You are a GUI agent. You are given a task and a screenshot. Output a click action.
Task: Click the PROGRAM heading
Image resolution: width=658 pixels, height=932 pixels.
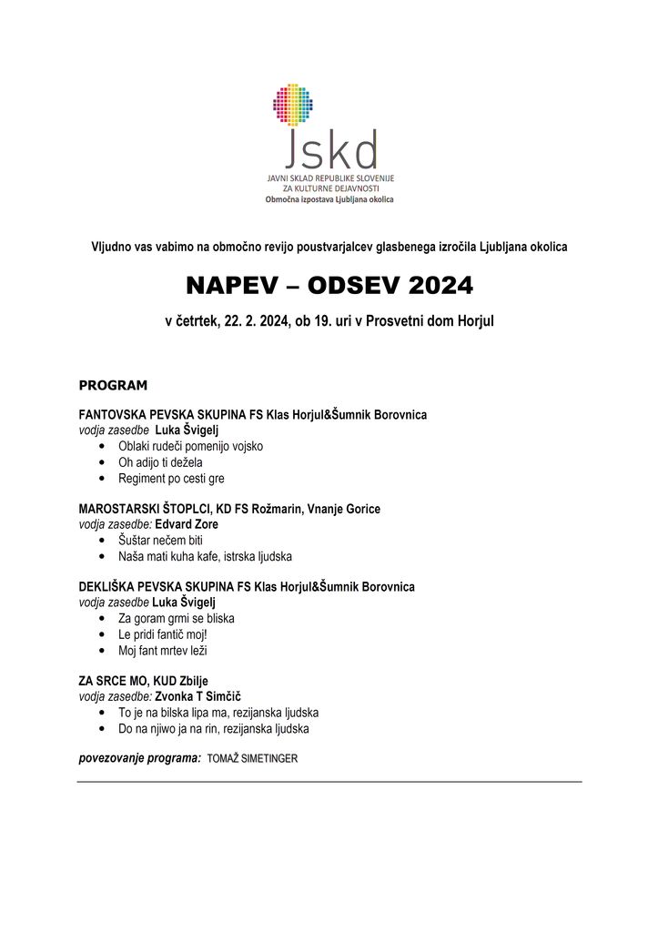point(113,386)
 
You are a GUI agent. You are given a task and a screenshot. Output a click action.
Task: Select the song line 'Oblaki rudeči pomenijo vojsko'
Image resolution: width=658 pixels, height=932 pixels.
point(191,446)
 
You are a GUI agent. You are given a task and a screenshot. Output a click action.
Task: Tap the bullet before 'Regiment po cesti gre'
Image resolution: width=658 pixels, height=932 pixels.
point(98,478)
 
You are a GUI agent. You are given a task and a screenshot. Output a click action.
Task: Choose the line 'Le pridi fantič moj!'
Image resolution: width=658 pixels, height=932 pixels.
point(169,634)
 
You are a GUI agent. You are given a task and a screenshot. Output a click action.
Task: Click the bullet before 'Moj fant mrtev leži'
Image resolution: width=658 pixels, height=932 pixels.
point(98,651)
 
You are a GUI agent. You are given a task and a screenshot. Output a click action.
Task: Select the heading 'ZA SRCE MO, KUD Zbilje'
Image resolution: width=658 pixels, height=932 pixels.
point(149,681)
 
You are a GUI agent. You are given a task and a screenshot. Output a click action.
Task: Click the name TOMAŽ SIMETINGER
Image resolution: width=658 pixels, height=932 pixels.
point(252,759)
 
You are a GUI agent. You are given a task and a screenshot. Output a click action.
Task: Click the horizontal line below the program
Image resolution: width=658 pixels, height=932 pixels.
point(329,782)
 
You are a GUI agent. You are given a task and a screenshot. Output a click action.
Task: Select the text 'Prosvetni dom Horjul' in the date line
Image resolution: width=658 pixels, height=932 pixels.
point(428,321)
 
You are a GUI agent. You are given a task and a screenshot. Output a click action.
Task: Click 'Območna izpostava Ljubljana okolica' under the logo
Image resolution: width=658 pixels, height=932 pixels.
point(329,198)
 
